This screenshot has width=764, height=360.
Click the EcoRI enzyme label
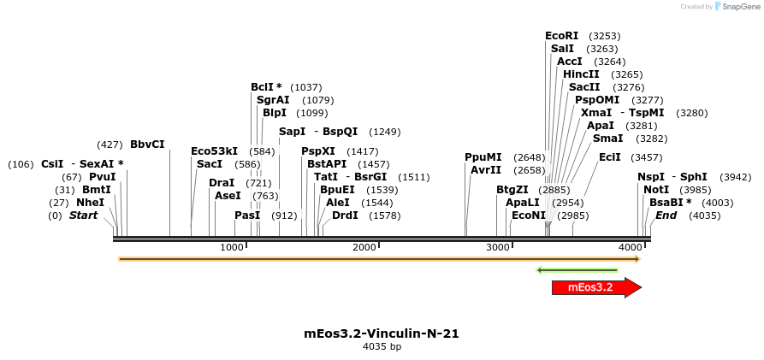pos(561,36)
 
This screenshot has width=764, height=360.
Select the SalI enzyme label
pos(562,49)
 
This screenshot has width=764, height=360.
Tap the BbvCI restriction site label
pos(147,145)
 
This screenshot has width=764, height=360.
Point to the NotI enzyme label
pos(656,189)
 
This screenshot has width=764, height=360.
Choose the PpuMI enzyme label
pos(483,157)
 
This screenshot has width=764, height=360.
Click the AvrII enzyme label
pos(485,169)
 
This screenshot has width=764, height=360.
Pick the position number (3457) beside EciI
pos(646,157)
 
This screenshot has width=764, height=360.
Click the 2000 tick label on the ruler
pos(364,247)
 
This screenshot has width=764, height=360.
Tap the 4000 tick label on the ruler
pos(631,247)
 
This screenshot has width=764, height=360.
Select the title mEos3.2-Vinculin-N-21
pos(382,333)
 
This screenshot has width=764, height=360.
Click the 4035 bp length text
pos(382,347)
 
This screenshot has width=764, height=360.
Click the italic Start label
pos(84,215)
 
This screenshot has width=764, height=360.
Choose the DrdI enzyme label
pos(345,215)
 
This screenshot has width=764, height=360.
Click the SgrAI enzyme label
pos(273,100)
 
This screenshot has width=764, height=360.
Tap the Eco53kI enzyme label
pos(214,151)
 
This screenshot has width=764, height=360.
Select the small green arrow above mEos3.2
pos(577,270)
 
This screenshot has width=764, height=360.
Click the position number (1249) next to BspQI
pos(384,132)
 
